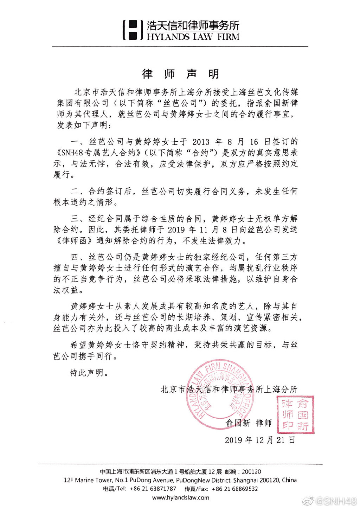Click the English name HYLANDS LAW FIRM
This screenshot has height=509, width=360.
(193, 37)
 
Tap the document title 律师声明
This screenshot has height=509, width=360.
(180, 74)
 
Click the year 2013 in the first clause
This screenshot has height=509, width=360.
(201, 142)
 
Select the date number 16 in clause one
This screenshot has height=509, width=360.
(254, 142)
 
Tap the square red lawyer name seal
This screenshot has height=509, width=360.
(295, 415)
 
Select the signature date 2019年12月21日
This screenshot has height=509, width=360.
(260, 440)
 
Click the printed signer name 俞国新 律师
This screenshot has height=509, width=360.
(249, 423)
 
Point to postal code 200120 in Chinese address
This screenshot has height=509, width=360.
(251, 472)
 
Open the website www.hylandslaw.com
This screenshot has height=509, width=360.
(180, 497)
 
